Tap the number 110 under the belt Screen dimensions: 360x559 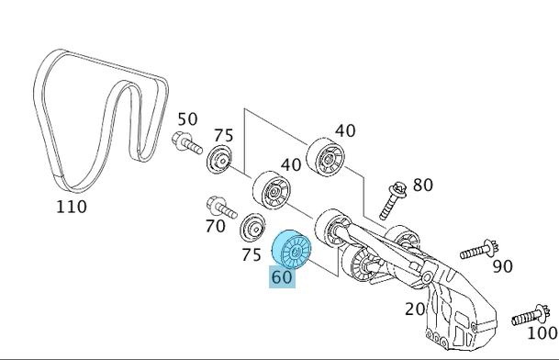[x=71, y=208]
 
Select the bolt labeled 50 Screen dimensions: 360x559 [x=184, y=143]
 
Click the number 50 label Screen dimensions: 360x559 [x=187, y=118]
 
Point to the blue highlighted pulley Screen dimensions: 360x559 [x=295, y=249]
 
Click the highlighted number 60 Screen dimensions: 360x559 [x=282, y=276]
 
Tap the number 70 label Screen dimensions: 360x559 [x=215, y=225]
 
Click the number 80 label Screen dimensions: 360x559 [x=422, y=186]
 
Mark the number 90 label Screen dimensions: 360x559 [x=502, y=266]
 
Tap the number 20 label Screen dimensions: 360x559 [x=415, y=309]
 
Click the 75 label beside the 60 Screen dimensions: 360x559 [x=251, y=255]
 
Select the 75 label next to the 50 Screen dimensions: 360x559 [x=223, y=136]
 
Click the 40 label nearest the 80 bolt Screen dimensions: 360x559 [x=345, y=131]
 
